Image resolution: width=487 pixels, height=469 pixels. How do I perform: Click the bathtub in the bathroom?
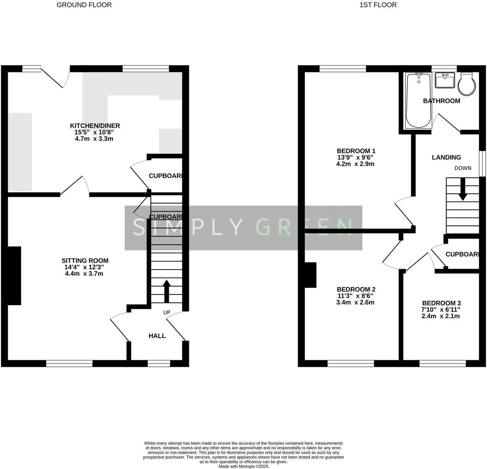point(418,101)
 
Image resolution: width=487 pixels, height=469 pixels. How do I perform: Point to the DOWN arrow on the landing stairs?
point(463,189)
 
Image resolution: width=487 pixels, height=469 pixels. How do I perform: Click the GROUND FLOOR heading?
point(84,5)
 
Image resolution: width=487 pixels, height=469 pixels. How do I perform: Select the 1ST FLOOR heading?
point(378,5)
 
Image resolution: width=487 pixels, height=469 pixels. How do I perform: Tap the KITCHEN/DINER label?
point(95,126)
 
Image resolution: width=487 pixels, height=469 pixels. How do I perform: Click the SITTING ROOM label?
point(85,261)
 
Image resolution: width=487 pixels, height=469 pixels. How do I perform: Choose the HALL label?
point(157,336)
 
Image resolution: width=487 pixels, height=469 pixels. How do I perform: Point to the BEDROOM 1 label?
point(356,151)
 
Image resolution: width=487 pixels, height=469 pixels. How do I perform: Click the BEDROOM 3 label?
point(441,303)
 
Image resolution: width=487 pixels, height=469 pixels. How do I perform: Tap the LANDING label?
point(446,157)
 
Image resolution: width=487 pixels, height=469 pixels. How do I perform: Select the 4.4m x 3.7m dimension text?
point(84,274)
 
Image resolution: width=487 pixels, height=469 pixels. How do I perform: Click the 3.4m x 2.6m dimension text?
point(355,302)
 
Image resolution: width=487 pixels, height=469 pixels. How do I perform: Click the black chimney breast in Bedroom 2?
point(310,275)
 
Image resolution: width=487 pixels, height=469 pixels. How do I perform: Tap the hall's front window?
point(159,364)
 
